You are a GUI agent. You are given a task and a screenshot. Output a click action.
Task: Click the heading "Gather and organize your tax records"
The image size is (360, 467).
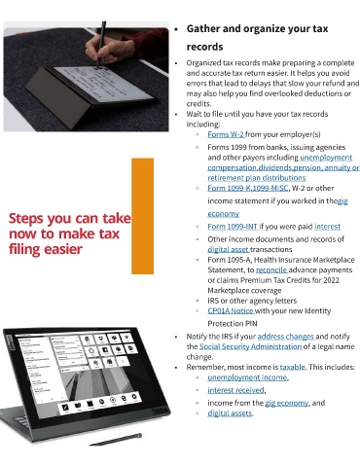(257, 38)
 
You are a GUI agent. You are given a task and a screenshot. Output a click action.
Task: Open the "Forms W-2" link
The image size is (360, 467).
(226, 134)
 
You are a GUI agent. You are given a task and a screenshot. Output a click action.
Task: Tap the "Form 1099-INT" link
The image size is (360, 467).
(233, 227)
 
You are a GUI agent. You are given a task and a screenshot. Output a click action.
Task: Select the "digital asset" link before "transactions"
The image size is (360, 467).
(228, 249)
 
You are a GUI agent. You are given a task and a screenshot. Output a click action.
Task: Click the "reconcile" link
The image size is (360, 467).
(271, 269)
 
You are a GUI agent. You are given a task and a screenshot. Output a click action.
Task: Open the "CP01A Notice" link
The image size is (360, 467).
(231, 310)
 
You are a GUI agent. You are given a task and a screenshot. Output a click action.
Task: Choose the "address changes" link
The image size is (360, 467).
(285, 337)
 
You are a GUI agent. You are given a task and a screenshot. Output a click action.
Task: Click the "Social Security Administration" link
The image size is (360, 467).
(250, 346)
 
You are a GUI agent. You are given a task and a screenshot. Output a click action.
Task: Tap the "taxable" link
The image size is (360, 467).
(292, 367)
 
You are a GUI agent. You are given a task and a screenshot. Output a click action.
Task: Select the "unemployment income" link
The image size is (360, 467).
(247, 377)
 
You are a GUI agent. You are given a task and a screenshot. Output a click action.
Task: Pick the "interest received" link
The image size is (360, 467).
(235, 390)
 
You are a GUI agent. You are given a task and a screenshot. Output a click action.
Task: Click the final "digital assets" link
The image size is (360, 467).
(230, 413)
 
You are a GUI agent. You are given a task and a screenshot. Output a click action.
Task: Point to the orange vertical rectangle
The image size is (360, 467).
(142, 216)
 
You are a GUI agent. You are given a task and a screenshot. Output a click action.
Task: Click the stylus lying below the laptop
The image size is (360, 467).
(116, 439)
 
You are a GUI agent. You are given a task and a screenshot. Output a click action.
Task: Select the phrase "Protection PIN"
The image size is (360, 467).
(233, 324)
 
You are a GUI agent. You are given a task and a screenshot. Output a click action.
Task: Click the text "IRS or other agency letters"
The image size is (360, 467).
(252, 301)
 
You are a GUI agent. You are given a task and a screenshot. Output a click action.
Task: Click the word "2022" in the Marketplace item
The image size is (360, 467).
(331, 280)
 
